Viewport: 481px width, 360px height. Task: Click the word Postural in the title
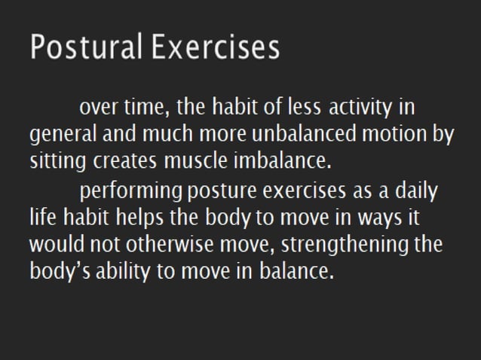point(84,47)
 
